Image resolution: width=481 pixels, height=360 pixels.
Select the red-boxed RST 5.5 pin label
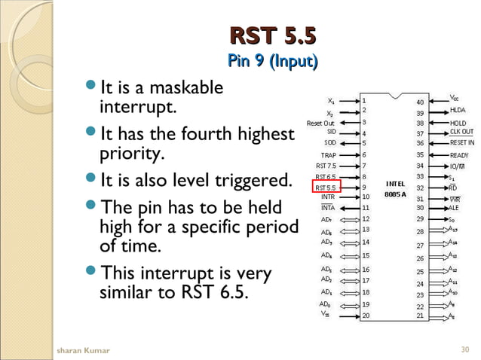(327, 187)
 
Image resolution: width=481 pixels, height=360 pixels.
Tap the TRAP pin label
(329, 154)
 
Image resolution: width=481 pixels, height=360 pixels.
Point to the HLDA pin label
(458, 110)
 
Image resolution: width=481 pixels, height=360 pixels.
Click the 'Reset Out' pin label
(320, 123)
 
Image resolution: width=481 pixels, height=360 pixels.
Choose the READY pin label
(459, 154)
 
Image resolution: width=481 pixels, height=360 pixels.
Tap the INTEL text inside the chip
(396, 183)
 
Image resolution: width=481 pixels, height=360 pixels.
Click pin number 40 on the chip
(421, 102)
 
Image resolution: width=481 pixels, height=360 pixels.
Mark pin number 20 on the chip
(366, 316)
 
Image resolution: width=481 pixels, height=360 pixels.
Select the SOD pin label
(330, 142)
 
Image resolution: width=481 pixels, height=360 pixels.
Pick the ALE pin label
(455, 208)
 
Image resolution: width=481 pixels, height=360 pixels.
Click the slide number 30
(464, 350)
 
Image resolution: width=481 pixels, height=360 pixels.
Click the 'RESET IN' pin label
(462, 142)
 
